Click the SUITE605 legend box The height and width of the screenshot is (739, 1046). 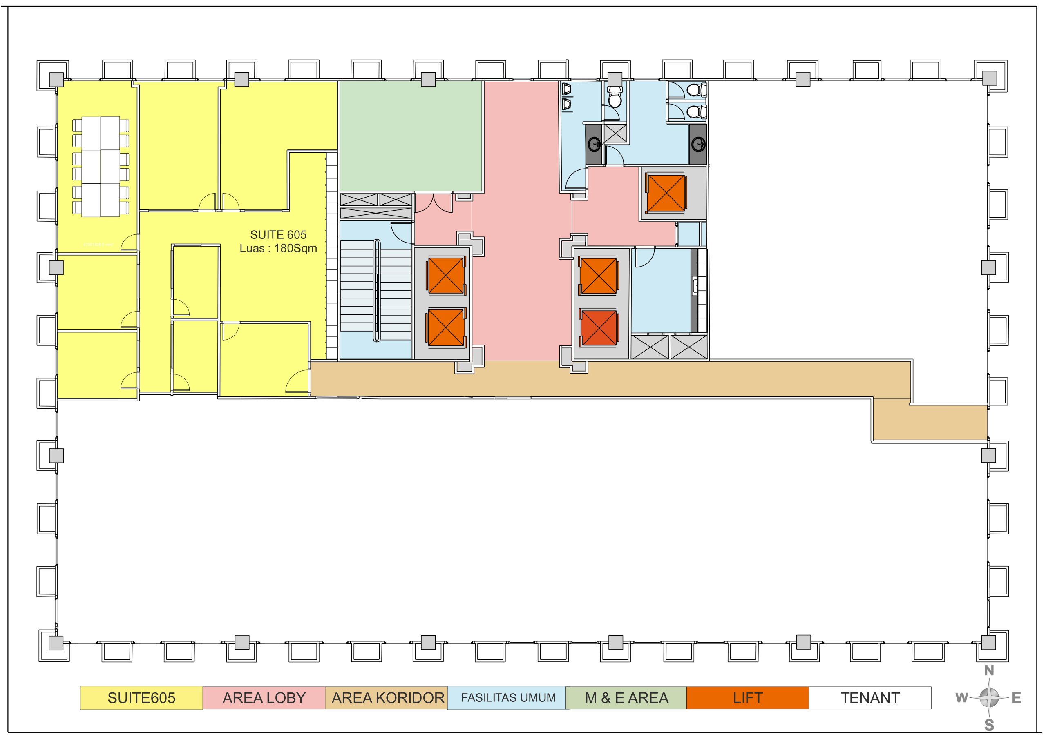point(141,698)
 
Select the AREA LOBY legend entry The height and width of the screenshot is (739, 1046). point(264,698)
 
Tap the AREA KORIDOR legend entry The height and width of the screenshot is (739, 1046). point(387,698)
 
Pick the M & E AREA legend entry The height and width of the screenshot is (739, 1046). point(626,698)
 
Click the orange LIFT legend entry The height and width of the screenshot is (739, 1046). point(748,698)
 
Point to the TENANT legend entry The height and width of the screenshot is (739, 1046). point(870,698)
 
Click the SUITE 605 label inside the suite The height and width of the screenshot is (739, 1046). point(278,234)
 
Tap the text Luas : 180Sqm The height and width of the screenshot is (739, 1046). point(278,248)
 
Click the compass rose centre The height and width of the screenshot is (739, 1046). point(989,697)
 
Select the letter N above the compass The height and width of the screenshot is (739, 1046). point(989,671)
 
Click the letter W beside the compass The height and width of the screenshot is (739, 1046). point(961,698)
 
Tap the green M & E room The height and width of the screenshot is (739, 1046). point(411,136)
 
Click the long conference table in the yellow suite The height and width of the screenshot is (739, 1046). point(101,167)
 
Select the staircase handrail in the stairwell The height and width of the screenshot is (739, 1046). point(377,291)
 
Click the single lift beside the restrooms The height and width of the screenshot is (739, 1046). point(666,194)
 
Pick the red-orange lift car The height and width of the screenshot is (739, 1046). point(599,327)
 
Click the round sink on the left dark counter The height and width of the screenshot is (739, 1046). point(594,145)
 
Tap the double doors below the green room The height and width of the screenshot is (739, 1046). point(433,203)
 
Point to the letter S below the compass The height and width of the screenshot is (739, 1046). point(989,724)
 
